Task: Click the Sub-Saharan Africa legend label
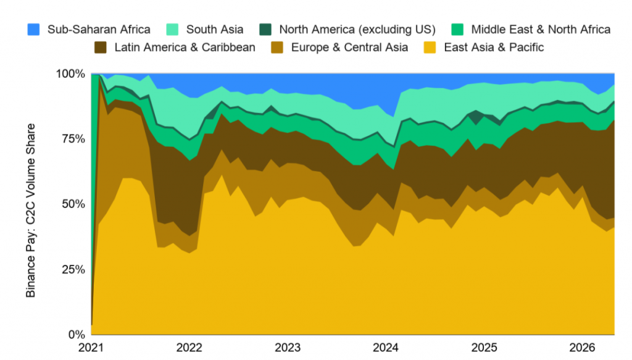[x=99, y=30]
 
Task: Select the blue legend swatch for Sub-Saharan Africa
[x=33, y=30]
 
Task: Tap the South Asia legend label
[x=214, y=30]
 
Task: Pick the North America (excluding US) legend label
[x=357, y=30]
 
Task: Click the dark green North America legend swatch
[x=265, y=30]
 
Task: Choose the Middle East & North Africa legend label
[x=541, y=30]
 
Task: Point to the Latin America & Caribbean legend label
[x=185, y=47]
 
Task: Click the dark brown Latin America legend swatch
[x=101, y=47]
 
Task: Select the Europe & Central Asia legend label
[x=349, y=47]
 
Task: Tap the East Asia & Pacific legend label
[x=494, y=47]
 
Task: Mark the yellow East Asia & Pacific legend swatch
[x=430, y=47]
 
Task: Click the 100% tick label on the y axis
[x=70, y=73]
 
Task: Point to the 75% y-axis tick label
[x=73, y=139]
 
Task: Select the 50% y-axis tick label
[x=73, y=204]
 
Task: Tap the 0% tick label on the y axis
[x=77, y=335]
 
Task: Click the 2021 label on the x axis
[x=91, y=348]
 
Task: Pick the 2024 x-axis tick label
[x=386, y=348]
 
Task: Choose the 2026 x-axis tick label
[x=583, y=348]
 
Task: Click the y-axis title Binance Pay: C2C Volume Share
[x=31, y=211]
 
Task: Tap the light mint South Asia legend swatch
[x=172, y=30]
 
